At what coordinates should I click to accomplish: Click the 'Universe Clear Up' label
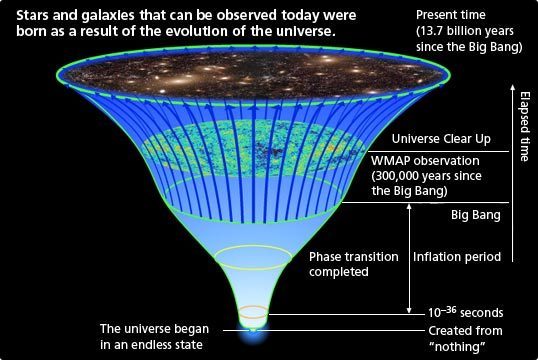(441, 139)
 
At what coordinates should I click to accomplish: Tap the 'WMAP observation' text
(425, 161)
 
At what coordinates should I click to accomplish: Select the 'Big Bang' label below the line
(476, 215)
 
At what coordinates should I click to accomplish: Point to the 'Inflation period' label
(457, 257)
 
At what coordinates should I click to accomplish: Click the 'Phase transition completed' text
(353, 264)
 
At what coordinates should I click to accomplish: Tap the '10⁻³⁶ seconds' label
(465, 312)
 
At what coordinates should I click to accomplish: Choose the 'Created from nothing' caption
(465, 338)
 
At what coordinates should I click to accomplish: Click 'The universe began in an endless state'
(154, 336)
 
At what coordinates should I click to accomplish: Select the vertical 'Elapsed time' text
(524, 126)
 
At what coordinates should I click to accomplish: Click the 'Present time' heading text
(451, 15)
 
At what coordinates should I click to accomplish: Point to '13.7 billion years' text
(465, 31)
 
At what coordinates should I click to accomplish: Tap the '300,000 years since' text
(426, 176)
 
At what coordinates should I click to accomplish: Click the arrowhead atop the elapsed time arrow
(512, 87)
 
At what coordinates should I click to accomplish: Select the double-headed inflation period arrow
(409, 258)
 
